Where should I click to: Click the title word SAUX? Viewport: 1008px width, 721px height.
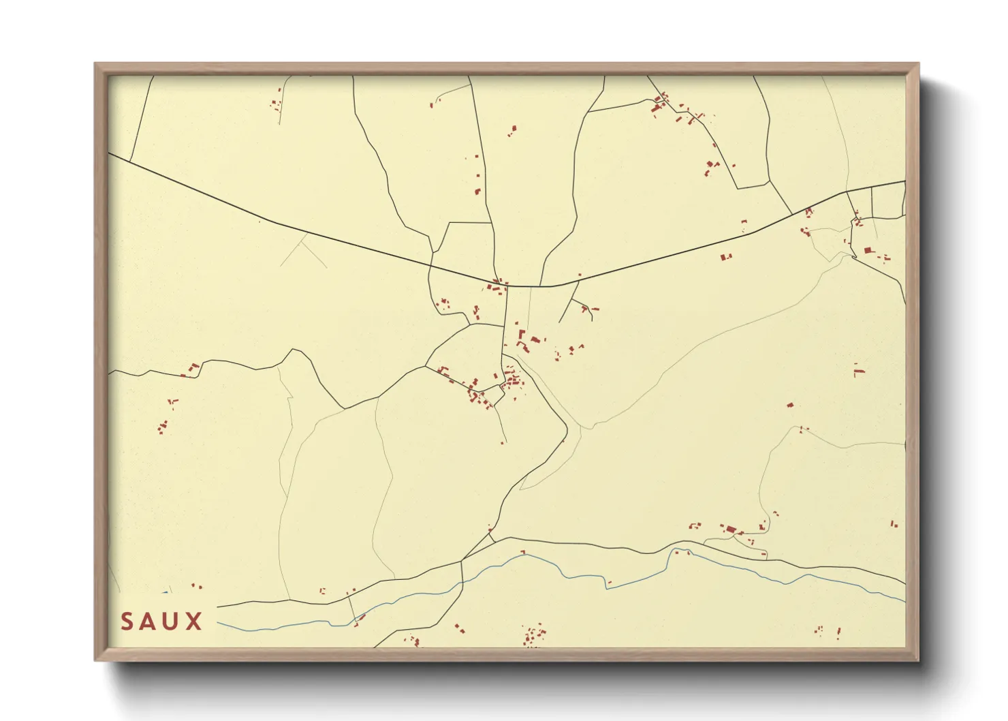tap(161, 622)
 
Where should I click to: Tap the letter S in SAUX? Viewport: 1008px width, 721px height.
tap(127, 622)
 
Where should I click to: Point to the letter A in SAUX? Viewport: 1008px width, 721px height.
tap(148, 622)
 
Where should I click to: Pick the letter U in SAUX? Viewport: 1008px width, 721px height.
tap(171, 622)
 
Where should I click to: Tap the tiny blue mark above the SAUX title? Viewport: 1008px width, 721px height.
tap(165, 592)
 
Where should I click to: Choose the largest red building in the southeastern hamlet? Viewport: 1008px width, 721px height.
tap(731, 530)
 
